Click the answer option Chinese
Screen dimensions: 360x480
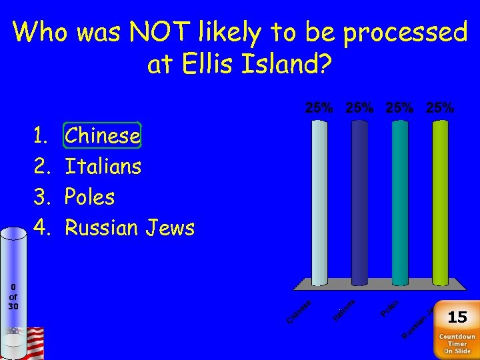tap(103, 136)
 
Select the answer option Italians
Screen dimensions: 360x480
tap(103, 166)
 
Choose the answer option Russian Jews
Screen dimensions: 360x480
tap(129, 228)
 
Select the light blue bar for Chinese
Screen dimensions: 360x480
tap(320, 200)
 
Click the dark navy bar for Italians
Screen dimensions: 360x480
tap(359, 200)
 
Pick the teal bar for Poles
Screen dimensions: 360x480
tap(400, 200)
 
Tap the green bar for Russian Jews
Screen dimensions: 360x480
tap(440, 200)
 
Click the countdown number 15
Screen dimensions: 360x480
tap(457, 317)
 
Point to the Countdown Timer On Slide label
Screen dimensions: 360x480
tap(457, 344)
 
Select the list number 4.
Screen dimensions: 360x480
tap(41, 228)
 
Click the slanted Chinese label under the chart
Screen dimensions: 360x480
tap(299, 313)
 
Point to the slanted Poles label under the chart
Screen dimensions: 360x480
tap(389, 309)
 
